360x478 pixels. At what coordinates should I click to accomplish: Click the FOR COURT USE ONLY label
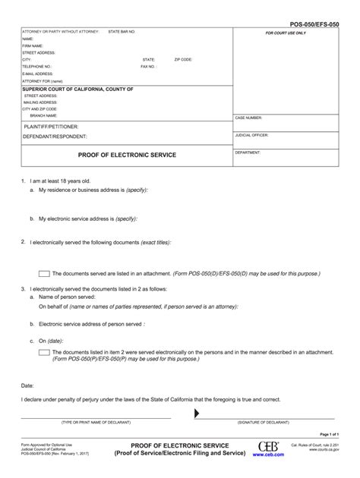coord(285,34)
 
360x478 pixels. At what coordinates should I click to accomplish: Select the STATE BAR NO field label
coord(122,32)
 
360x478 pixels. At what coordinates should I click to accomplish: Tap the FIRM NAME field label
coord(32,46)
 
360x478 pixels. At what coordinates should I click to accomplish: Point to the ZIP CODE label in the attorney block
coord(183,59)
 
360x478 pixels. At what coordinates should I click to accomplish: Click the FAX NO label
coord(148,66)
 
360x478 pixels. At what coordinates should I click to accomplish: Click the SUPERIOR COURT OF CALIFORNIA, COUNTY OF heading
coord(77,89)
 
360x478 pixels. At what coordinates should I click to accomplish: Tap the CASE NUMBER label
coord(248,118)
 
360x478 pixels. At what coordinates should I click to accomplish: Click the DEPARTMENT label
coord(248,152)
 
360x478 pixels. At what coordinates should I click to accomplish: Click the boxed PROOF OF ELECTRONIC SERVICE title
coord(127,155)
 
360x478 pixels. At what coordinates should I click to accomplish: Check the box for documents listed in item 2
coord(44,353)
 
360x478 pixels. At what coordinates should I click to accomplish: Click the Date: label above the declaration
coord(27,385)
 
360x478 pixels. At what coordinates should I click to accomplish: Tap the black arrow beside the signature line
coord(197,414)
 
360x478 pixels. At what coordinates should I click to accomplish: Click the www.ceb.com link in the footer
coord(268,454)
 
